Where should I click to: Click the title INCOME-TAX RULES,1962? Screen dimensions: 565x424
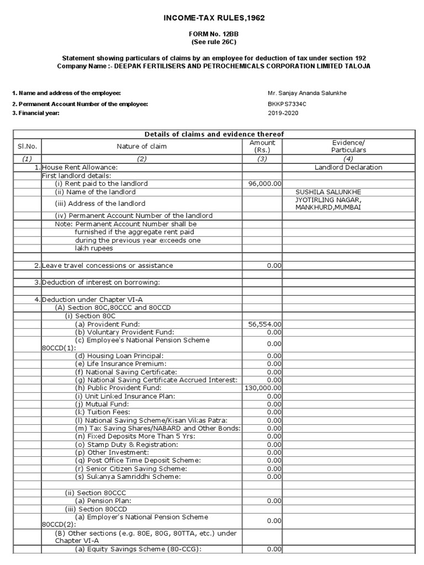(x=214, y=18)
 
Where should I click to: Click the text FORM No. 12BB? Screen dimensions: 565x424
(x=214, y=34)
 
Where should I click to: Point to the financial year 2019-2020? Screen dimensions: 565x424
(x=283, y=113)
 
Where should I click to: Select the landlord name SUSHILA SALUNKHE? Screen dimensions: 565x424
(x=328, y=192)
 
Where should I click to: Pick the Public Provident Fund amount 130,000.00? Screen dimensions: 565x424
(x=263, y=388)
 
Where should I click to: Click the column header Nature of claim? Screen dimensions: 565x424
(x=141, y=146)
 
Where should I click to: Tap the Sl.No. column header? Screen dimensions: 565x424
(x=26, y=146)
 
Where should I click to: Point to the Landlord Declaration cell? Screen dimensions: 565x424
(x=348, y=167)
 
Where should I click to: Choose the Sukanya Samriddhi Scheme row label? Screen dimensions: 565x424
(x=128, y=477)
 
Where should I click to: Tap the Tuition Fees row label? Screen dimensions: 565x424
(x=103, y=412)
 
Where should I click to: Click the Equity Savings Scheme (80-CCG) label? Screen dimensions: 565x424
(x=139, y=549)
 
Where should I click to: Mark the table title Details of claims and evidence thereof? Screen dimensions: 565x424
(x=214, y=134)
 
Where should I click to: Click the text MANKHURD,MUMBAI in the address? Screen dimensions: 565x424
(x=328, y=207)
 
